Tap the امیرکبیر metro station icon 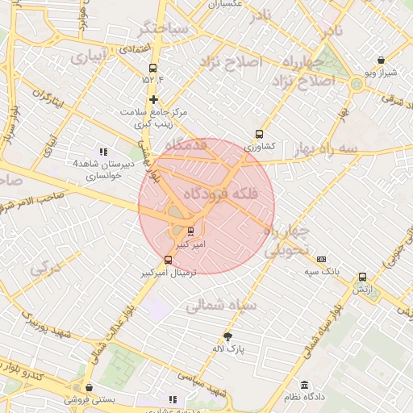190,231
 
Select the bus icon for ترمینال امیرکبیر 168,260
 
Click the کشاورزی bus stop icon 259,135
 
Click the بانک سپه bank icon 321,260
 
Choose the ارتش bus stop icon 362,277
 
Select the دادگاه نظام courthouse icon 304,386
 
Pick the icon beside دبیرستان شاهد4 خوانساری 102,152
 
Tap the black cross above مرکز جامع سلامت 153,99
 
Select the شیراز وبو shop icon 381,60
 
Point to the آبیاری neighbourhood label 88,59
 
